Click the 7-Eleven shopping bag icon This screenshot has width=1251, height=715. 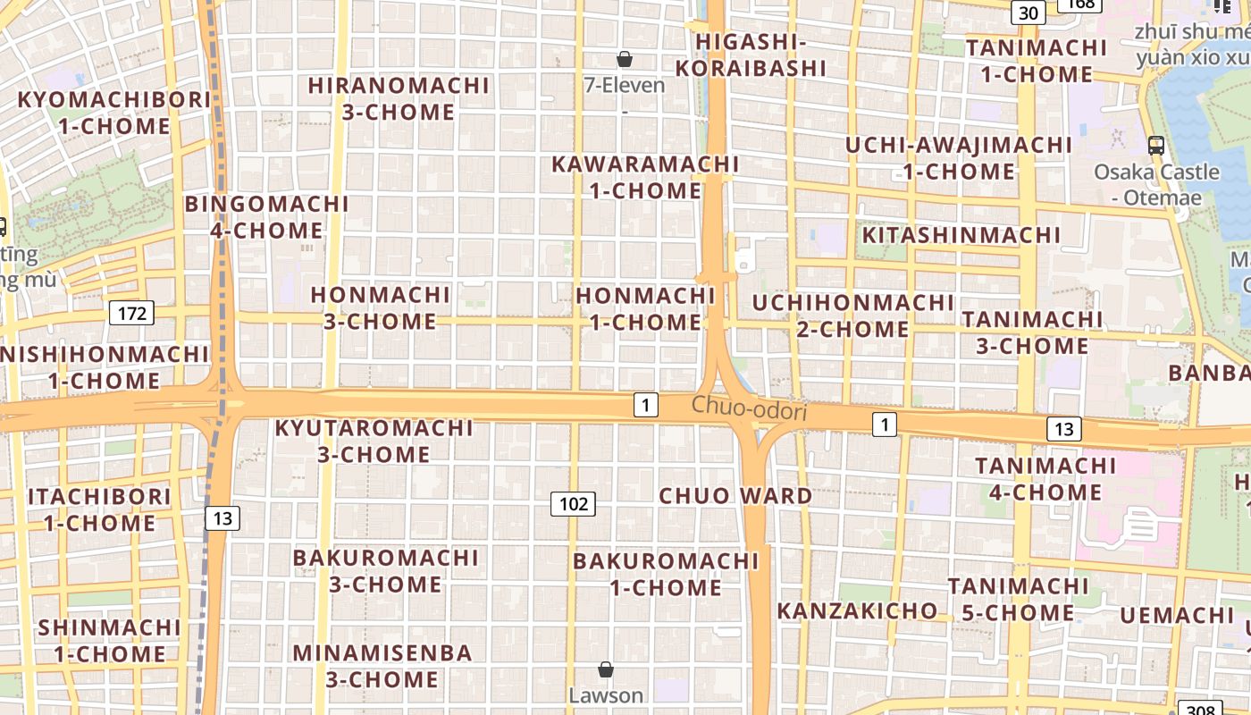[x=625, y=60]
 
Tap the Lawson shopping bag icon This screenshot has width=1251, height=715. [x=606, y=669]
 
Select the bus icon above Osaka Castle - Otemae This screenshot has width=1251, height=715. [x=1156, y=145]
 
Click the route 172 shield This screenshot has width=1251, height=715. [x=132, y=314]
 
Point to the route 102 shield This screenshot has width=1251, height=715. [x=573, y=504]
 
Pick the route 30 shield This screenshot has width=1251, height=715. [x=1029, y=13]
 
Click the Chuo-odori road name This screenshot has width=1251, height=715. [x=749, y=409]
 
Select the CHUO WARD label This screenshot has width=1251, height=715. [x=735, y=496]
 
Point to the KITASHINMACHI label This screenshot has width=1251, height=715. [x=961, y=235]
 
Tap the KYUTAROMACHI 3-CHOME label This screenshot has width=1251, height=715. [x=374, y=441]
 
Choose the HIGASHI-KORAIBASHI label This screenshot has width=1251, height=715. [x=751, y=55]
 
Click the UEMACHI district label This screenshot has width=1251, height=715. [x=1177, y=616]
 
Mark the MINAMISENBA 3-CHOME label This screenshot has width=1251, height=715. [x=382, y=666]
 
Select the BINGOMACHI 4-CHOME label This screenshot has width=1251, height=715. [x=266, y=217]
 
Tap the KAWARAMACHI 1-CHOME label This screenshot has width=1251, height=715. [x=645, y=177]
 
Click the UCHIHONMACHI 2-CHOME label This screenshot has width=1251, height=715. [x=853, y=315]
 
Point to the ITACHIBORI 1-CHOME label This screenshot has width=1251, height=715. [x=99, y=509]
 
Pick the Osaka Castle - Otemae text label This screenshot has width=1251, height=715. [x=1157, y=185]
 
